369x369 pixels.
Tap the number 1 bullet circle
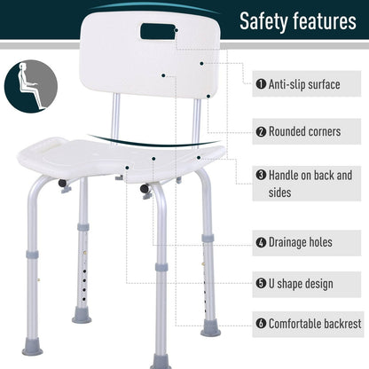262,84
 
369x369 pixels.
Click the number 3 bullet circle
262,176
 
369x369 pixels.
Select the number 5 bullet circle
262,284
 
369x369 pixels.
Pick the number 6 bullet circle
262,325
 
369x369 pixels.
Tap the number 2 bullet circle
262,131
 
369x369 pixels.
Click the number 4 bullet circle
262,241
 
